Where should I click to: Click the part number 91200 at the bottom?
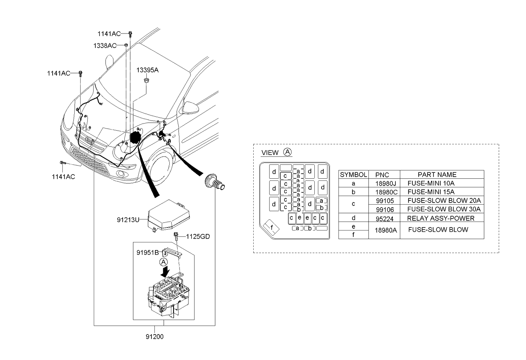[x=154, y=337]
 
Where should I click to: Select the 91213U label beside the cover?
[x=128, y=220]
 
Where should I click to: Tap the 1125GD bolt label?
[x=198, y=236]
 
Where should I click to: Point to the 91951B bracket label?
[x=148, y=252]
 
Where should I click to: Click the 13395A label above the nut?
[x=148, y=70]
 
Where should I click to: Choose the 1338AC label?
[x=105, y=45]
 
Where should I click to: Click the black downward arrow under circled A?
[x=165, y=271]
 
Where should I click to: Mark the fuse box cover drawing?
[x=168, y=216]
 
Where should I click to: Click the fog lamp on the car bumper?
[x=121, y=174]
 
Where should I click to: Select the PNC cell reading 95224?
[x=384, y=219]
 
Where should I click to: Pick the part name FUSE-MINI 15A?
[x=431, y=192]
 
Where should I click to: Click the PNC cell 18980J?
[x=386, y=183]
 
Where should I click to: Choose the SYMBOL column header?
[x=353, y=174]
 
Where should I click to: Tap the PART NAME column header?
[x=437, y=174]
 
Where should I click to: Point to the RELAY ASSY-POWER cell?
[x=441, y=218]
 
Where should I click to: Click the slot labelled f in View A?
[x=271, y=228]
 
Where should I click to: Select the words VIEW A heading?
[x=277, y=152]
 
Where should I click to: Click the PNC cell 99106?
[x=385, y=209]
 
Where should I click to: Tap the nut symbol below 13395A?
[x=146, y=81]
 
